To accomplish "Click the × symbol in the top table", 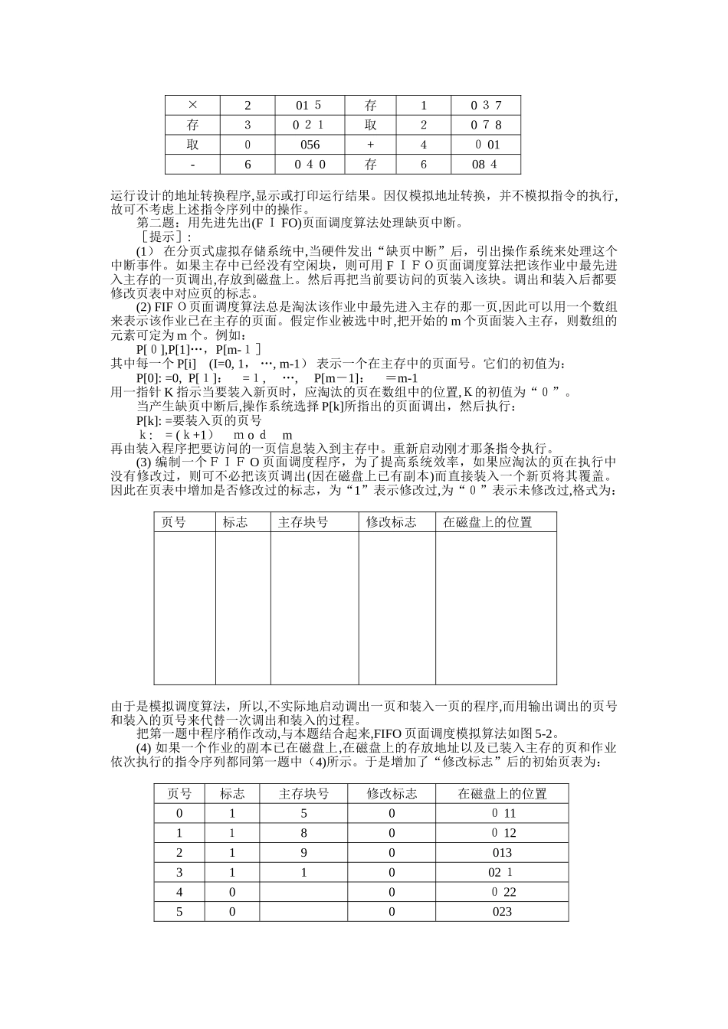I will point(192,106).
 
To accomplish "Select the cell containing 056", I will point(310,145).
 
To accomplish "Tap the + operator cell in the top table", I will point(371,145).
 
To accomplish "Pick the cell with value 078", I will point(486,126).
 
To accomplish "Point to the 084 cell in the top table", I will point(484,165).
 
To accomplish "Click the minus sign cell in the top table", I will point(192,165).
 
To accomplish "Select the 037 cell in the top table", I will point(486,106).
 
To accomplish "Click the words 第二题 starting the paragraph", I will point(156,223).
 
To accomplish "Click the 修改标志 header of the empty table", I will point(391,522).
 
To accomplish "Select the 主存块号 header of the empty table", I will point(303,522).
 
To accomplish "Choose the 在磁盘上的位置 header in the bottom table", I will point(502,794).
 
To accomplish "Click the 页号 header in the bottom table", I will point(179,794).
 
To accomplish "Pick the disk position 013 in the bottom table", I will point(502,853).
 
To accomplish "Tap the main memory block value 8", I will point(303,833).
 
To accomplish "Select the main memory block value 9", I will point(303,853).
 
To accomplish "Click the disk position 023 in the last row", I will point(502,912).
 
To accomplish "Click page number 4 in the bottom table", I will point(179,892).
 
